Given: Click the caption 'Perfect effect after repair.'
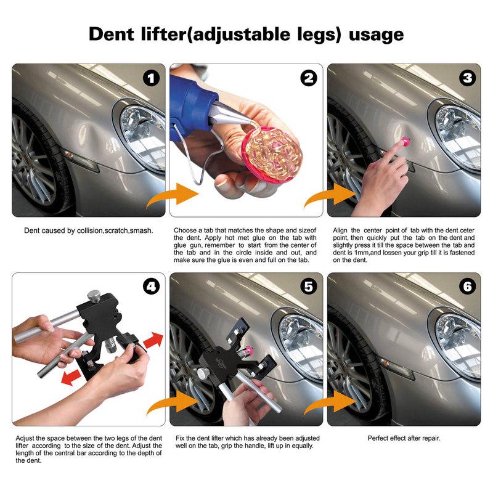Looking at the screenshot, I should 404,438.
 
